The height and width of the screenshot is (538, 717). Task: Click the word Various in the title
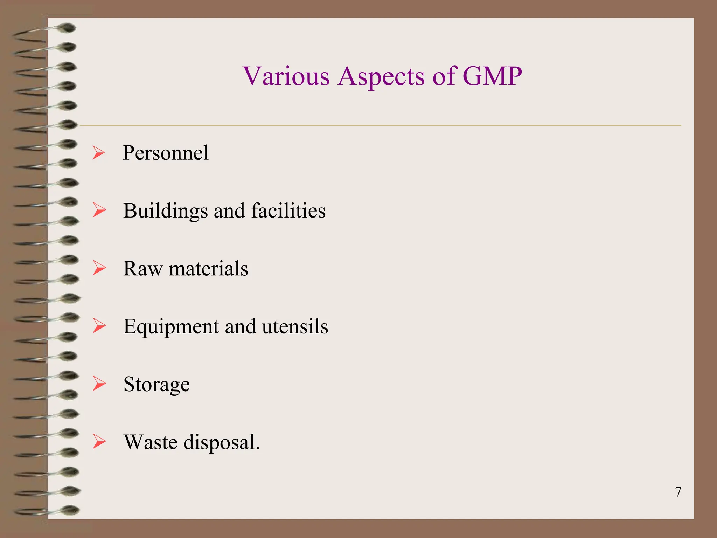(x=286, y=76)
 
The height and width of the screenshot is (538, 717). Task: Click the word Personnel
(x=166, y=153)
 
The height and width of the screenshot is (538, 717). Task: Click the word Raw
(x=143, y=269)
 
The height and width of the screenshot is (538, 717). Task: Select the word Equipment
(x=171, y=327)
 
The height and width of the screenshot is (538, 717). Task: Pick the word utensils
(x=295, y=326)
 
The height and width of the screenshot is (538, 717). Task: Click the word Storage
(x=156, y=385)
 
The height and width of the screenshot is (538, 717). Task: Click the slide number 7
(x=678, y=492)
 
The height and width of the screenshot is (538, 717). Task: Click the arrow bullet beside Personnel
(x=99, y=153)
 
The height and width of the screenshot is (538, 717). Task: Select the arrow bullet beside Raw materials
(x=99, y=268)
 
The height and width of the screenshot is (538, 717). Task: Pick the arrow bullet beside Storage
(x=99, y=384)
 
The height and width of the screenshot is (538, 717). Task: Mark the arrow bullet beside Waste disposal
(x=99, y=442)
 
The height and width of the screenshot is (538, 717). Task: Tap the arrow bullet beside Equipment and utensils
(x=99, y=326)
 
